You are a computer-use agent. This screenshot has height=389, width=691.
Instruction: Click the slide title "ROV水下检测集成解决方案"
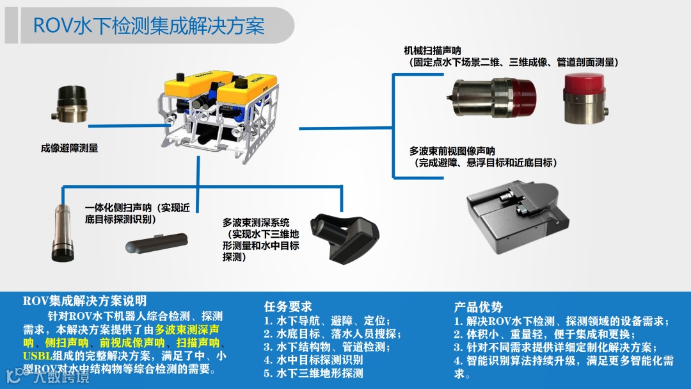pos(149,26)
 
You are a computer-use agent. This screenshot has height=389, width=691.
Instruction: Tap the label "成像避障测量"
pos(69,149)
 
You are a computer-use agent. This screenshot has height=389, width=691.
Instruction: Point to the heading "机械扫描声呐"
pos(433,51)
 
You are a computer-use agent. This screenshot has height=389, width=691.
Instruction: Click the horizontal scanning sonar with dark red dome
pos(492,98)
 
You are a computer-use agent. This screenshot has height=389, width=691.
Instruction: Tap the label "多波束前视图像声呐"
pos(452,151)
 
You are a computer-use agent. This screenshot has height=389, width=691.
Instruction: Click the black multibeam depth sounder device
pos(344,238)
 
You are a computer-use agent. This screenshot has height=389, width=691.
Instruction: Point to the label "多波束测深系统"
pos(256,222)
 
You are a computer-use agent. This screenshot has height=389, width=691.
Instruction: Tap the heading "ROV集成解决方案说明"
pos(84,301)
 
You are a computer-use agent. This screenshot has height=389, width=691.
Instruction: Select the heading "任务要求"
pos(288,307)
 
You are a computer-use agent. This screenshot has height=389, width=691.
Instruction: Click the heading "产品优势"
pos(478,307)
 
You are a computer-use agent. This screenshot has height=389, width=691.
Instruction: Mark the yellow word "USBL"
pos(37,356)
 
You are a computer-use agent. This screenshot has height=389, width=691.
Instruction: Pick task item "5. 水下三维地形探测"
pos(314,373)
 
